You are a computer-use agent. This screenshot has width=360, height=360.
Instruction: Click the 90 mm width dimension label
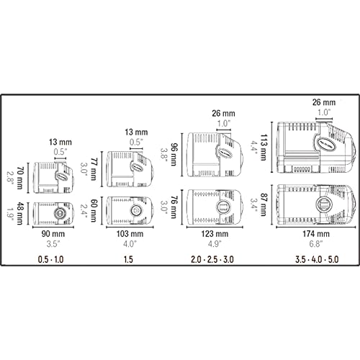pyautogui.click(x=53, y=234)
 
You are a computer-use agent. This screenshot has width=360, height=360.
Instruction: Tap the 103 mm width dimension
pyautogui.click(x=130, y=234)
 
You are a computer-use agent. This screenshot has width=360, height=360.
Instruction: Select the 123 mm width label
pyautogui.click(x=215, y=234)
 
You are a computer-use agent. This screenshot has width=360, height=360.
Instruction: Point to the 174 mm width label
pyautogui.click(x=316, y=234)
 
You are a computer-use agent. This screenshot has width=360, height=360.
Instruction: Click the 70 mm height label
pyautogui.click(x=20, y=177)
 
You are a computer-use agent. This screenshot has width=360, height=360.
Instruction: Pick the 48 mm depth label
pyautogui.click(x=20, y=213)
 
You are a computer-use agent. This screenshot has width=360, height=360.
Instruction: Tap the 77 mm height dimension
pyautogui.click(x=94, y=168)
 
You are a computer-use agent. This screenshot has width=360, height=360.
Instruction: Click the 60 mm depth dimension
pyautogui.click(x=94, y=210)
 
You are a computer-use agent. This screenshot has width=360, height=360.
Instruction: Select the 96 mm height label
pyautogui.click(x=174, y=154)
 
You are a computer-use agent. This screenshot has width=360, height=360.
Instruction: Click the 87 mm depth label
pyautogui.click(x=264, y=204)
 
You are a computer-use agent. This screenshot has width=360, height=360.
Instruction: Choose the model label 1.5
pyautogui.click(x=128, y=259)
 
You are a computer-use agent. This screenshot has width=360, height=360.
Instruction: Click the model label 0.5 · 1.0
pyautogui.click(x=51, y=259)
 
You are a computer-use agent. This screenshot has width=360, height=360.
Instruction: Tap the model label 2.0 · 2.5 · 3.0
pyautogui.click(x=212, y=259)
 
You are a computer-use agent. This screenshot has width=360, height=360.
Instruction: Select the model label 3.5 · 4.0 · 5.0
pyautogui.click(x=318, y=259)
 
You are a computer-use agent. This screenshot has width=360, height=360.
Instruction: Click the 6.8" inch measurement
pyautogui.click(x=315, y=244)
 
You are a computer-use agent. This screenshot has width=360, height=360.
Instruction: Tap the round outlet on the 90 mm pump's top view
pyautogui.click(x=59, y=213)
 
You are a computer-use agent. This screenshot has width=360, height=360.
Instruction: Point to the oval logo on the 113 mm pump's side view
pyautogui.click(x=324, y=144)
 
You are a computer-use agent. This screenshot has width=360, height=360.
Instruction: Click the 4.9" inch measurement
pyautogui.click(x=215, y=244)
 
